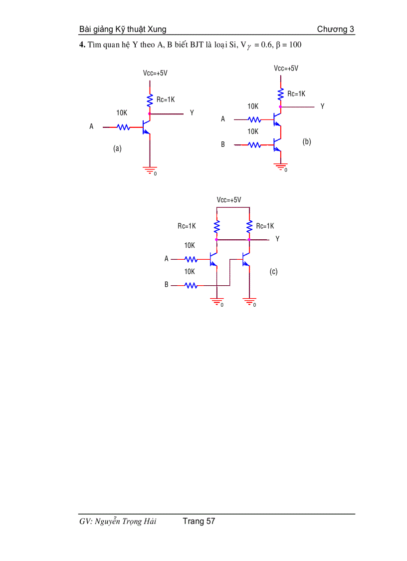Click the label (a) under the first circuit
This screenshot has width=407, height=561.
pos(117,148)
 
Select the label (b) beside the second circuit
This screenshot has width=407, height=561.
pos(307,142)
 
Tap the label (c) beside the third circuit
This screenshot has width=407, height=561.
pos(273,272)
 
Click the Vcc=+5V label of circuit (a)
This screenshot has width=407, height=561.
pos(155,73)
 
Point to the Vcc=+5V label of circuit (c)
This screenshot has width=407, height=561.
pos(229,200)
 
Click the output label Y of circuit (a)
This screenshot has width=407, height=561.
pos(192,113)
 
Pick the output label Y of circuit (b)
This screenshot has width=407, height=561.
pos(322,106)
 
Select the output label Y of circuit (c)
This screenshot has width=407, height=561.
pos(277,239)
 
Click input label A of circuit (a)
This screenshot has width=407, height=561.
pos(91,127)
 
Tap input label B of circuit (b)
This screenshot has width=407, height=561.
pos(223,144)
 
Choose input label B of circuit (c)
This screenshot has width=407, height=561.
pos(167,285)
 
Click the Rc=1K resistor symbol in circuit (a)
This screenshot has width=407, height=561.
pos(149,100)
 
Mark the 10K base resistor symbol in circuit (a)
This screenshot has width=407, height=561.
pos(123,127)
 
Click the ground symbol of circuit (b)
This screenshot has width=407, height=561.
pos(281,166)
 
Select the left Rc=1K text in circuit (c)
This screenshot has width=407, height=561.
pos(187,226)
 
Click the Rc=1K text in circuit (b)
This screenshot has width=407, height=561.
pos(296,93)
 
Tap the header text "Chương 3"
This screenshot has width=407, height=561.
pos(336,29)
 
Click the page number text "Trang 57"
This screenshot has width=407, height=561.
pos(199,522)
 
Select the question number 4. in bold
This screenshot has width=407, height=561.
pos(82,45)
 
